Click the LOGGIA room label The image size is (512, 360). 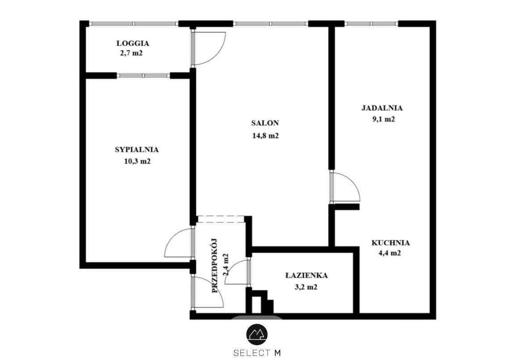133,43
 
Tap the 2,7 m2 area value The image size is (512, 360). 131,53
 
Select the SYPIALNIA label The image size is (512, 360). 137,150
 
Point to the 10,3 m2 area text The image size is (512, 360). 137,161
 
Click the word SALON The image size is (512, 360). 265,123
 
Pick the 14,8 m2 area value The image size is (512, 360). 265,136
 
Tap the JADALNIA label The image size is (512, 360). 382,108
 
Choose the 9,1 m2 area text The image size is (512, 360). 383,119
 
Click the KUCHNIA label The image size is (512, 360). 390,243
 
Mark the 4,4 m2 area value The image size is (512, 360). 389,253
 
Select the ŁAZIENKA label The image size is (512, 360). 306,275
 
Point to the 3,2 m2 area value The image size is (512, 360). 306,288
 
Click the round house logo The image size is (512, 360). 256,335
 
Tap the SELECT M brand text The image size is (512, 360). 257,353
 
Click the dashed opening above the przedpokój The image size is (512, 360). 221,220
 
